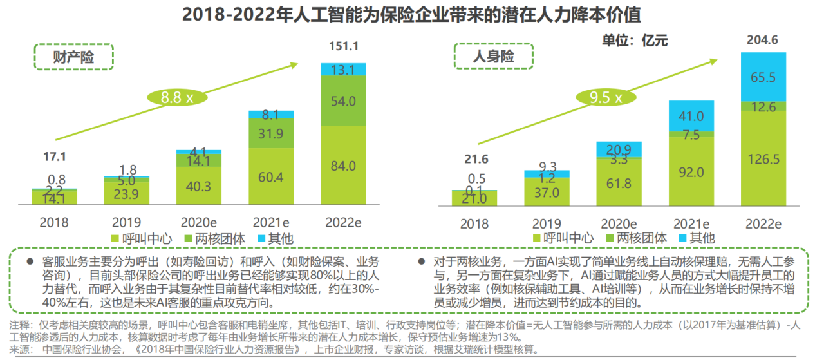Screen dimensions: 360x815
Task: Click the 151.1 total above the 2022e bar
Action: pyautogui.click(x=344, y=46)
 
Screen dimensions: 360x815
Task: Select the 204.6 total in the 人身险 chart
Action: pyautogui.click(x=763, y=41)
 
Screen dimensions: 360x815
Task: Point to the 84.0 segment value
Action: pyautogui.click(x=344, y=166)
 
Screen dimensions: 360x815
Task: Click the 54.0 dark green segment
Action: pyautogui.click(x=344, y=101)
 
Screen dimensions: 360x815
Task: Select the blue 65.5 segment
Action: pyautogui.click(x=763, y=77)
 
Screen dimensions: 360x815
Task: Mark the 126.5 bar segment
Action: pyautogui.click(x=763, y=158)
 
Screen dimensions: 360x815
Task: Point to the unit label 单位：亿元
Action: pyautogui.click(x=635, y=41)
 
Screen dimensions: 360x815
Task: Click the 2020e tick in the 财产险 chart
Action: pyautogui.click(x=199, y=223)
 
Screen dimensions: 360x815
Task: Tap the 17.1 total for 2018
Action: pyautogui.click(x=55, y=156)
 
